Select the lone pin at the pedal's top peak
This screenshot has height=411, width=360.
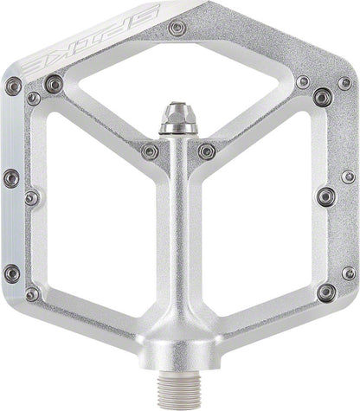178,29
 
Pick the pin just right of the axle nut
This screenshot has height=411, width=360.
206,151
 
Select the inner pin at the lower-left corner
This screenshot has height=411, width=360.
32,294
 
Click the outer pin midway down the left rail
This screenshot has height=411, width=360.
10,177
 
